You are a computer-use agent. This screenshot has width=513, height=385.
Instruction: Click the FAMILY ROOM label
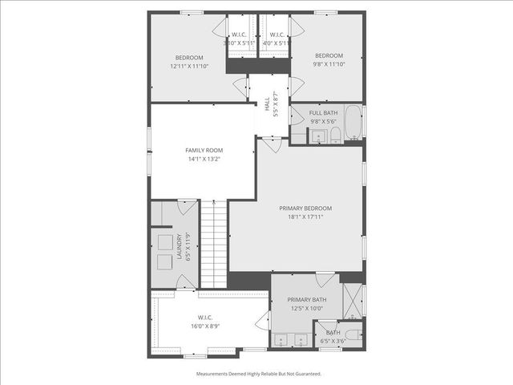pos(204,150)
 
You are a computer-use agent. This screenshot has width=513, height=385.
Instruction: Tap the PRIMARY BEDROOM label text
pos(305,209)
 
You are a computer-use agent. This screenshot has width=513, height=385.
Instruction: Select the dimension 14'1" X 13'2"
pos(204,159)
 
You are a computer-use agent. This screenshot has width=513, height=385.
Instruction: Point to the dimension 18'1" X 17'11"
pos(305,217)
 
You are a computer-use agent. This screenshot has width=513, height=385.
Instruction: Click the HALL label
pos(267,103)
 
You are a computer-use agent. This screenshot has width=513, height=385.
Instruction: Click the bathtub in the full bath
pos(355,124)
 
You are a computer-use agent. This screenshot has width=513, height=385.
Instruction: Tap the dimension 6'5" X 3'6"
pos(333,342)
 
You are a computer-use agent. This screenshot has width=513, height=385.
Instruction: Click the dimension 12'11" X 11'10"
pos(189,67)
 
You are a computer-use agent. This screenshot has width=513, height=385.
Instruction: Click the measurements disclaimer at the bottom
pos(258,374)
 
